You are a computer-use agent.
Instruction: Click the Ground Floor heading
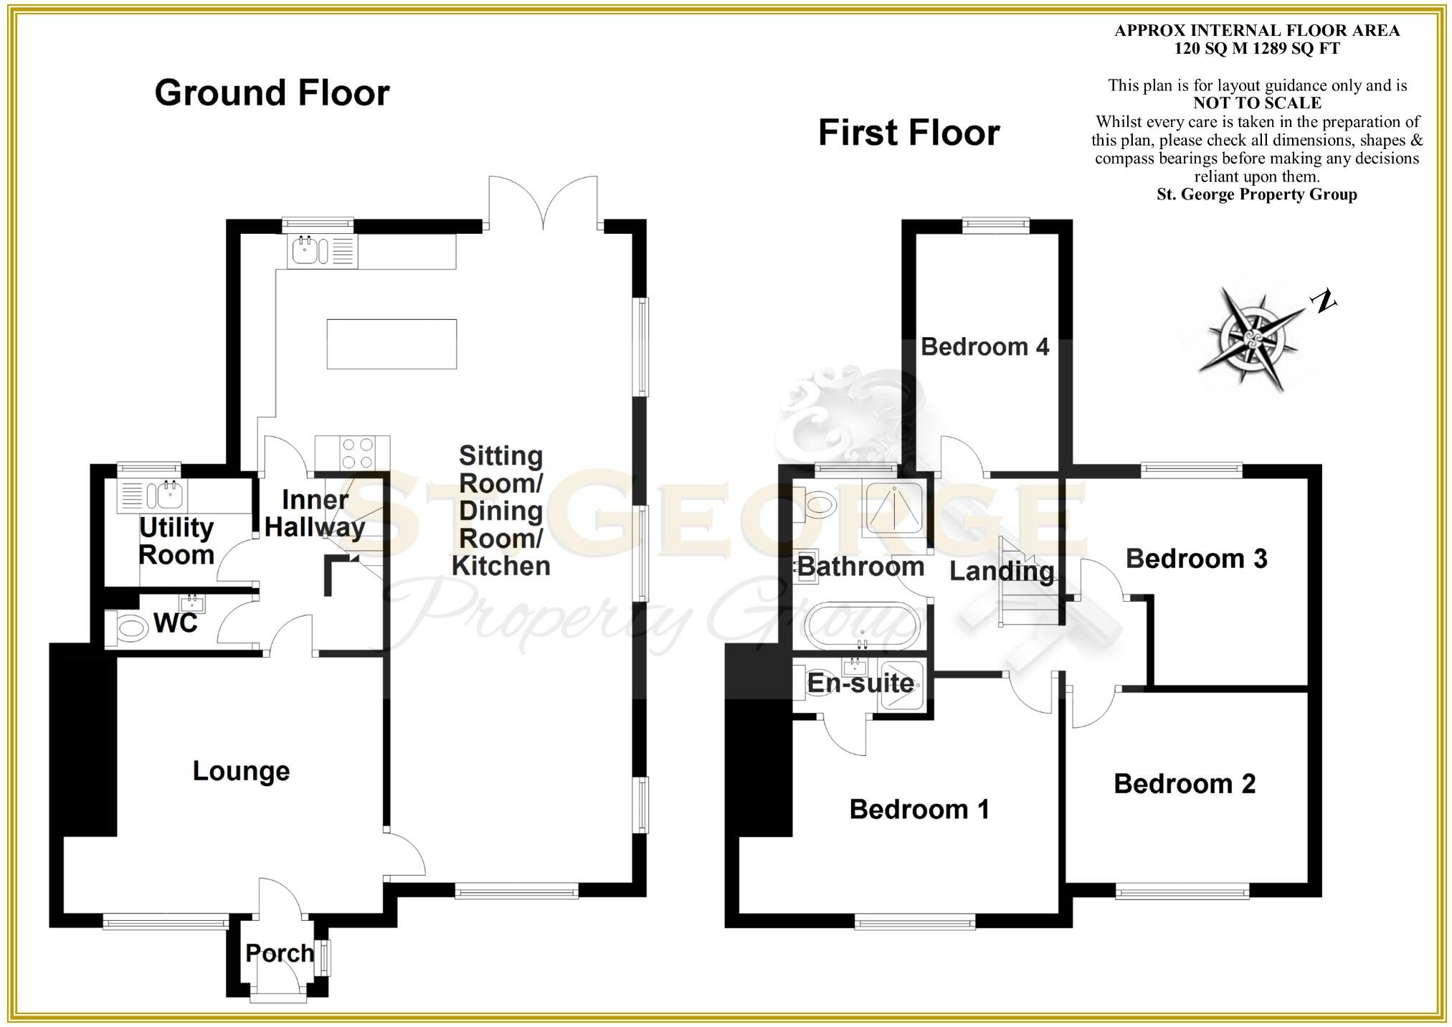(x=272, y=93)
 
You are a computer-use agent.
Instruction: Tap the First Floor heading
(x=908, y=133)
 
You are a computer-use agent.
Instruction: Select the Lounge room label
(x=242, y=771)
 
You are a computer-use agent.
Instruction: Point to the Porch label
(x=280, y=953)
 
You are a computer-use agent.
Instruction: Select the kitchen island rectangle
(x=392, y=344)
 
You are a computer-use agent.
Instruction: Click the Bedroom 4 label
(x=984, y=347)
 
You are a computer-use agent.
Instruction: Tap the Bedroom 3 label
(x=1196, y=559)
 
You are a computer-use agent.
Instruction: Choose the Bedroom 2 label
(x=1185, y=784)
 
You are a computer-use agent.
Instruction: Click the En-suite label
(x=860, y=683)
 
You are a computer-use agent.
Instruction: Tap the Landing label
(x=1002, y=572)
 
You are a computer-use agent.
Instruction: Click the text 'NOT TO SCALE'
(x=1257, y=103)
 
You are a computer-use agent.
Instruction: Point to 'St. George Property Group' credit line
(x=1256, y=194)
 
